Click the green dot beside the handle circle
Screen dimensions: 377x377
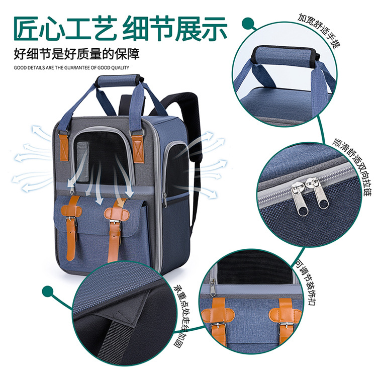tap(247, 24)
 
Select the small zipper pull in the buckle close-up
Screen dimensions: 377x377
tap(213, 288)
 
